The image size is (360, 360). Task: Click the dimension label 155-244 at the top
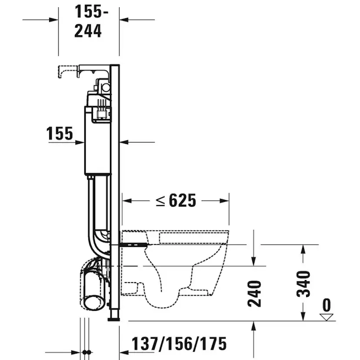tap(89, 21)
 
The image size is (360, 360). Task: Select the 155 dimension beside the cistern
tap(60, 134)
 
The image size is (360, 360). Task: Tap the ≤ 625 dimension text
tap(176, 200)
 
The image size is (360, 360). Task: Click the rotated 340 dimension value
tap(303, 283)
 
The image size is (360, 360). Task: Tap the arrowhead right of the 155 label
tap(80, 142)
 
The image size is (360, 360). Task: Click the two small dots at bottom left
tap(86, 351)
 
